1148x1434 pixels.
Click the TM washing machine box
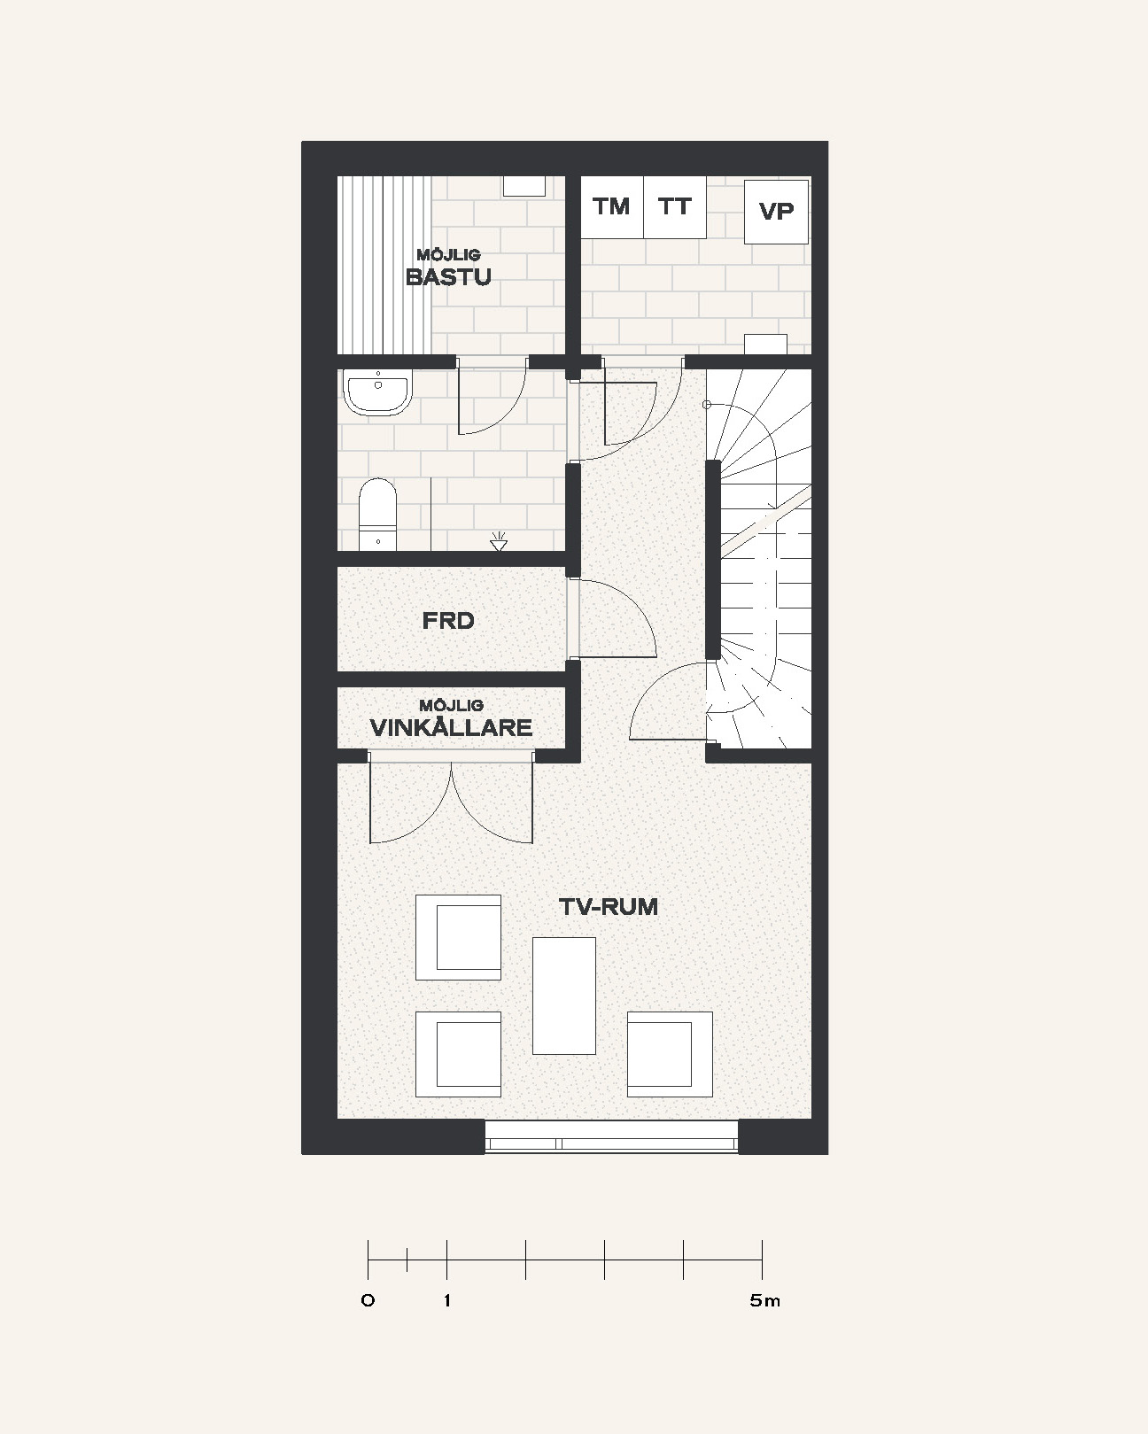click(612, 207)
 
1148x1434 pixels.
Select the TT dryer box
click(675, 207)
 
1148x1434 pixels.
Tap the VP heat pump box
click(777, 212)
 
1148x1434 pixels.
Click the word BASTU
click(448, 276)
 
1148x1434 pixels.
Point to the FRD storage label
click(448, 621)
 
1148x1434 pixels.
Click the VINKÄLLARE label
click(452, 728)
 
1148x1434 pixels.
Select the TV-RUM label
click(608, 907)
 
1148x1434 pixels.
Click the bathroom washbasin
click(377, 393)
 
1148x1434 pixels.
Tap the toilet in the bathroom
click(377, 515)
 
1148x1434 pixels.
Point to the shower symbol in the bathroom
click(498, 541)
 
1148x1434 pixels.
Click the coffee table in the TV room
click(564, 996)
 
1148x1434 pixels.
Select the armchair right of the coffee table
click(670, 1054)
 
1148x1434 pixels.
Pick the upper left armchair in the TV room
click(458, 938)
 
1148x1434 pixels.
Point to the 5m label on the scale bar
click(764, 1300)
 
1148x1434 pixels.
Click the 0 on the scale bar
click(368, 1300)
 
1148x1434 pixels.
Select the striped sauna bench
click(384, 265)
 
